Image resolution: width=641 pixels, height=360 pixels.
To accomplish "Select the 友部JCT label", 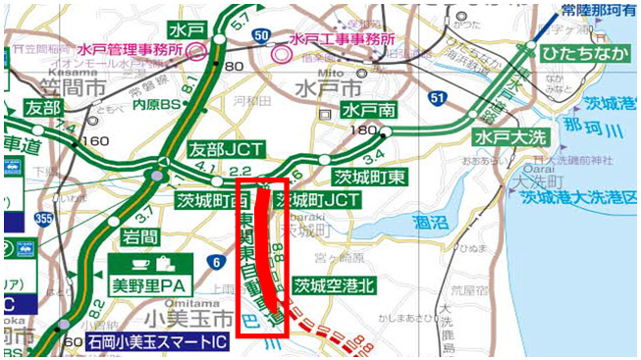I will [222, 149].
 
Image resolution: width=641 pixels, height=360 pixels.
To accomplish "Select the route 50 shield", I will [261, 35].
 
